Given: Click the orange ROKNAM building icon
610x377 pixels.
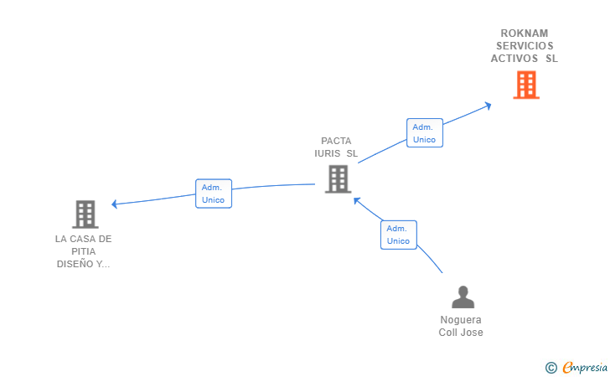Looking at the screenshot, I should (525, 85).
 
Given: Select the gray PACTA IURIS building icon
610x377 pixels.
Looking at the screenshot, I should (337, 178).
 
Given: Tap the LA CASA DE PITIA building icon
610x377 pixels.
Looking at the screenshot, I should (85, 214).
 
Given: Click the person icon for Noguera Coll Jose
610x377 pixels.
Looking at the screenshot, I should (462, 297).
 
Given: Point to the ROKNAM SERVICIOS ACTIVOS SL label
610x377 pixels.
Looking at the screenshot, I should (525, 46).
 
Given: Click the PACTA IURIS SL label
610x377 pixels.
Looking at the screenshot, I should (336, 147).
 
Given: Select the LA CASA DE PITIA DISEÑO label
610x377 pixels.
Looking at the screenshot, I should (83, 251).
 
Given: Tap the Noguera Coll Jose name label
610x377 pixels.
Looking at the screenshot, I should (461, 326).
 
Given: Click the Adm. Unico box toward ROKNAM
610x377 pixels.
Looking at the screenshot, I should (424, 133).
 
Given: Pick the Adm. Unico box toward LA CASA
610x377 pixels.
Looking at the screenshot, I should (213, 194).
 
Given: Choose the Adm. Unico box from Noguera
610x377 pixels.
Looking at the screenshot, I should (398, 235).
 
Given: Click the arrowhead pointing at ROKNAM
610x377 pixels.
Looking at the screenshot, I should (488, 105).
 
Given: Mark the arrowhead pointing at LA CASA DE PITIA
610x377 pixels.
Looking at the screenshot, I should (116, 204).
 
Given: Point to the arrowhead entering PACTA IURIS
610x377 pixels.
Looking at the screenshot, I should (357, 200).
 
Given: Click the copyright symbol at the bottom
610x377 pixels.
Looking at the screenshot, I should (551, 367).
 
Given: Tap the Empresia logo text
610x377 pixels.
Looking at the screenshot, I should (585, 366).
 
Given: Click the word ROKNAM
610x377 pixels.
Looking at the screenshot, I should (525, 34).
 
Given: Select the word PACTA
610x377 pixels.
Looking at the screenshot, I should (336, 141).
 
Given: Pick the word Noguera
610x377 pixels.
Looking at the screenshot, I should (461, 319).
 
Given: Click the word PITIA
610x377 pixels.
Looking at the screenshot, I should (83, 251).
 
